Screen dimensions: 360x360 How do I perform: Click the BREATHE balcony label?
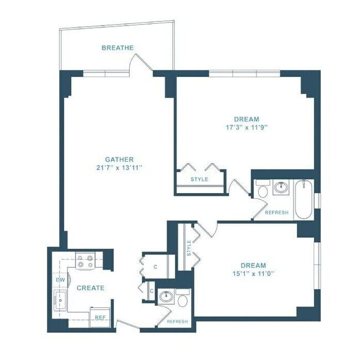point(117,48)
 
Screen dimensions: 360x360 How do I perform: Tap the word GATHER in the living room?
point(119,160)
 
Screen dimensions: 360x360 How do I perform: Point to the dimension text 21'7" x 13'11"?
point(119,168)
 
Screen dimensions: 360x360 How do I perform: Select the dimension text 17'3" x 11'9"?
point(246,127)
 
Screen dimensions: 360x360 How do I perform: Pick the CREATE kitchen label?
point(90,288)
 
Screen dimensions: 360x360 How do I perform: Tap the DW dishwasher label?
point(60,281)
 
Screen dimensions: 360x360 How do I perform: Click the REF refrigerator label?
point(100,317)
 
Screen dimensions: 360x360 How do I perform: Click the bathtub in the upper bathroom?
point(304,199)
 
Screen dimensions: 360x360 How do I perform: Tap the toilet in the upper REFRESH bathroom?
point(263,191)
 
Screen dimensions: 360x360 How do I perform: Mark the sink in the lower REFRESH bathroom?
point(165,297)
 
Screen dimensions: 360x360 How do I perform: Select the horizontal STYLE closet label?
point(199,179)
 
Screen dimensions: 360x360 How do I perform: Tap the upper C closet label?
point(155,267)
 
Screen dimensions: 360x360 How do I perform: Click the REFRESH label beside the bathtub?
point(276,213)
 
